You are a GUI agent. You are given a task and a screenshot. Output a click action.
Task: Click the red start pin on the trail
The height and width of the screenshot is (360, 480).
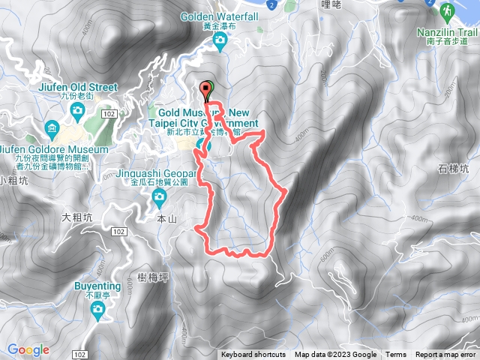pos(206,91)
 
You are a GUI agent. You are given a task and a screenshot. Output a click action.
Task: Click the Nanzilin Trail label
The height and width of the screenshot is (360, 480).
pos(448,34)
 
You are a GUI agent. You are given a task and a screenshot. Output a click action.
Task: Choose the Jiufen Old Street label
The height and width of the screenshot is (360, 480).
pos(77,87)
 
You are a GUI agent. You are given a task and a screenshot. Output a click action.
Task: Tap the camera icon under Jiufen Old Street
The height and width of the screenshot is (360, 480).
pos(77,111)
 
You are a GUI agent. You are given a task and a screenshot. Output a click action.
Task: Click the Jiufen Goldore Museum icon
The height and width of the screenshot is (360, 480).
pos(52,127)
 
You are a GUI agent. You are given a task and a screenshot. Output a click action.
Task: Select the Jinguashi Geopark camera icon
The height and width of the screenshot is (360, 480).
pos(159,197)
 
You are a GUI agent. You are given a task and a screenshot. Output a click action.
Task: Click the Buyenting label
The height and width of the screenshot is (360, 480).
pos(97,286)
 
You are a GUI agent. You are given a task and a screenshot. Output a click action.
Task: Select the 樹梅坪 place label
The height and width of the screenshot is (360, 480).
pos(153,277)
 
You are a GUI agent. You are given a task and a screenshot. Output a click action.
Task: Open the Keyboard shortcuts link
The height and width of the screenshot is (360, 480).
pos(253,355)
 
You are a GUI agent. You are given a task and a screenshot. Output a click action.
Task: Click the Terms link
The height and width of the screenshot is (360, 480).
pos(396,355)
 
